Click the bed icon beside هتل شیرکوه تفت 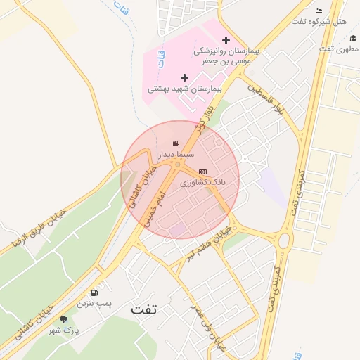coord(319,11)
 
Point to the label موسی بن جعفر coord(226,62)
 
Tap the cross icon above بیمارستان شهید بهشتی coord(184,77)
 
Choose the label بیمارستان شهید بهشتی coord(184,90)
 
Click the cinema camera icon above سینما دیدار coord(175,144)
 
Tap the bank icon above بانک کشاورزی coord(202,172)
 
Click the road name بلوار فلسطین coord(266,99)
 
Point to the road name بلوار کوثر coord(205,120)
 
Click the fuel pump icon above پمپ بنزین coord(94,292)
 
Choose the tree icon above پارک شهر coord(64,319)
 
